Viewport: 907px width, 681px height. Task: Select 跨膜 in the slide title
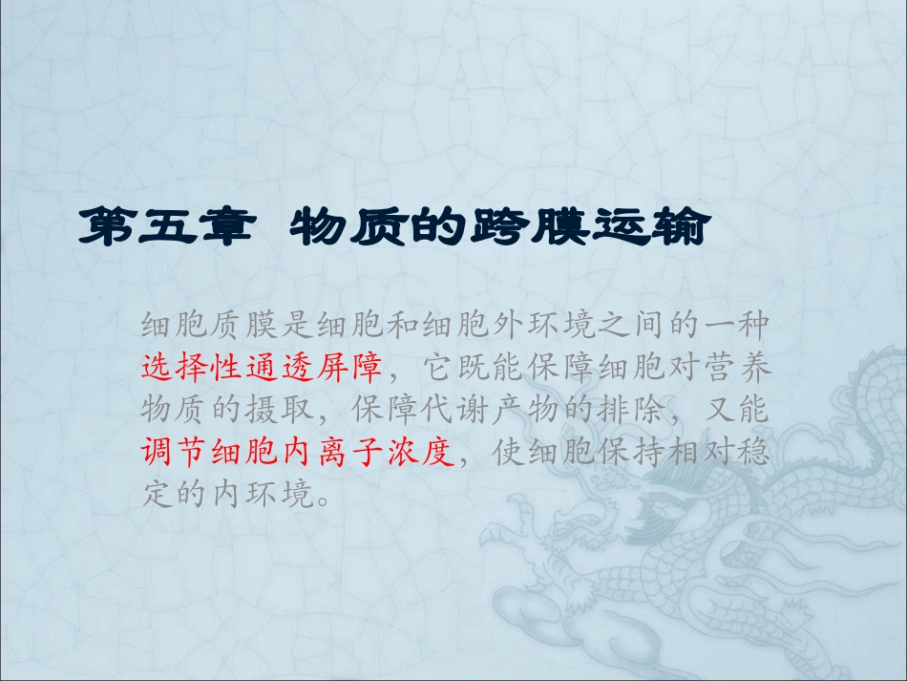tap(501, 229)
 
